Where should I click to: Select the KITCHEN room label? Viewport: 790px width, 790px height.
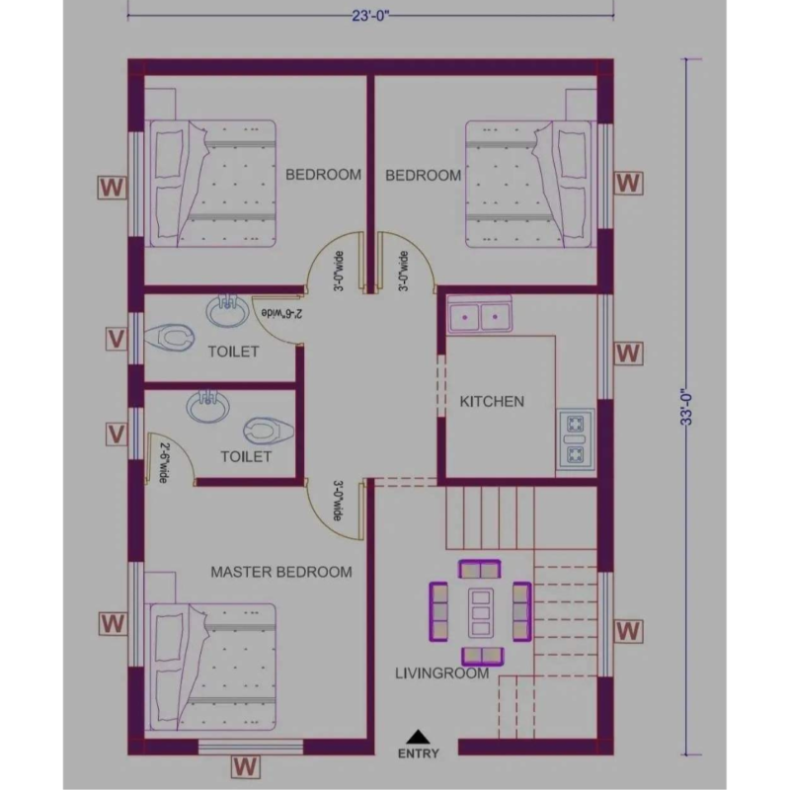coord(492,402)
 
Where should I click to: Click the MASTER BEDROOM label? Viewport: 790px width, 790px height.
coord(281,572)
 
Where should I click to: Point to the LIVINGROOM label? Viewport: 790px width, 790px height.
coord(441,674)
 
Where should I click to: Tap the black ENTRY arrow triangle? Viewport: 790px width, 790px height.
coord(419,736)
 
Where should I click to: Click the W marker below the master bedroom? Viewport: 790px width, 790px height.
coord(245,765)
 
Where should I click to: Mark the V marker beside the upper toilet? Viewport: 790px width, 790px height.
coord(116,339)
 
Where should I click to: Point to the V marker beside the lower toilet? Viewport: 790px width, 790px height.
coord(116,434)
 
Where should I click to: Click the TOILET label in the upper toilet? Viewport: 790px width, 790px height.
coord(233,352)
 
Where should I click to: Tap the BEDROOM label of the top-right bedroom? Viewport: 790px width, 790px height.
coord(423,176)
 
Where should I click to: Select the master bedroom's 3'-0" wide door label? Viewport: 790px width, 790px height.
coord(338,501)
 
